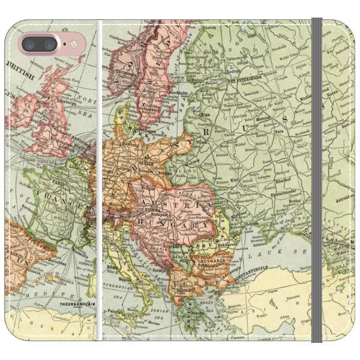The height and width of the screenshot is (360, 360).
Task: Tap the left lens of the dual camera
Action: [31, 44]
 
